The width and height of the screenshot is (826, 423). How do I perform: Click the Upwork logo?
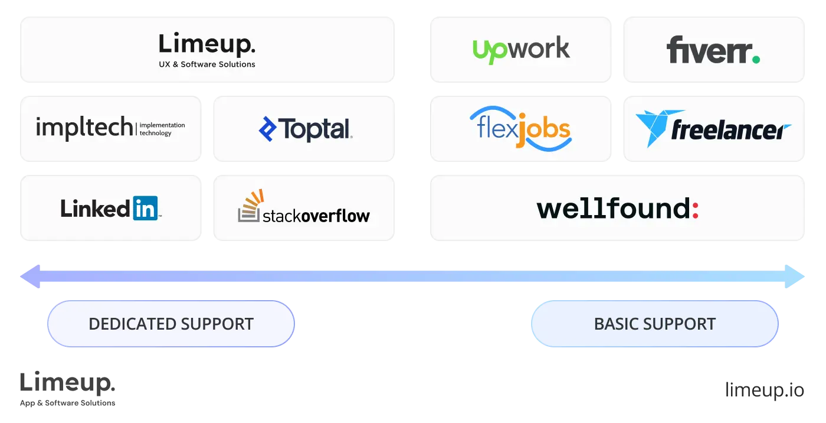tap(521, 49)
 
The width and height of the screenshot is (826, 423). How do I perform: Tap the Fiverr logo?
tap(713, 50)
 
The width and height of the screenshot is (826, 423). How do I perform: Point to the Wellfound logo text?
tap(614, 209)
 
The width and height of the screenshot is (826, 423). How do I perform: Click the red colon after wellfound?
tap(696, 209)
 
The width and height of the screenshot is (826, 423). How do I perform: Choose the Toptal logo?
tap(305, 129)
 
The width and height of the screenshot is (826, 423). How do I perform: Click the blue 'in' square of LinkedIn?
tap(145, 208)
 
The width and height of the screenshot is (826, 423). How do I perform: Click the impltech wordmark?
tap(84, 128)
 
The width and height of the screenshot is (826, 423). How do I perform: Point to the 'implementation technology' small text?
tap(162, 129)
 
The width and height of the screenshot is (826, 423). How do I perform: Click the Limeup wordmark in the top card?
tap(206, 45)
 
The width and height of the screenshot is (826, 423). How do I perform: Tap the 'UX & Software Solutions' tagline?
tap(207, 64)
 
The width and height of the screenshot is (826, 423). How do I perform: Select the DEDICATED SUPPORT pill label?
tap(171, 324)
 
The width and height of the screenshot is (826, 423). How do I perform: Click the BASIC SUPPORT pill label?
tap(655, 324)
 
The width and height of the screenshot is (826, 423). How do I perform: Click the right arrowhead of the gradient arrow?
tap(798, 276)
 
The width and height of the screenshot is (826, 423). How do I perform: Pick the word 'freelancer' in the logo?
tap(730, 131)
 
